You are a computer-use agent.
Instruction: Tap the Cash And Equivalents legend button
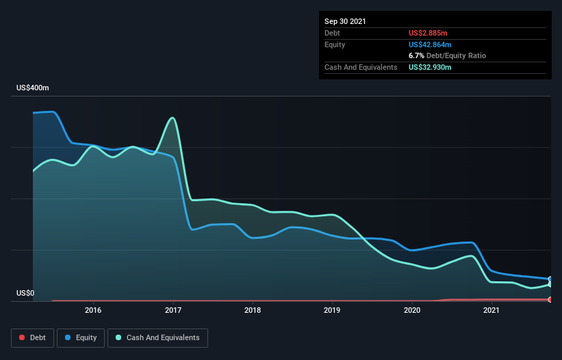(157, 337)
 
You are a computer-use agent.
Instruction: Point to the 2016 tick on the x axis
(93, 310)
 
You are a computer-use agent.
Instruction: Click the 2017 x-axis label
(173, 310)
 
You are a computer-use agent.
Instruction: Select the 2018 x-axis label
(253, 310)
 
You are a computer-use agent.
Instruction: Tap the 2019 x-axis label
(332, 310)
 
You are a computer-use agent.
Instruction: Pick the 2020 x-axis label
(412, 310)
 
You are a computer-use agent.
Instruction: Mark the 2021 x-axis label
(491, 310)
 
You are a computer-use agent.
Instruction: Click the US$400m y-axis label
(33, 88)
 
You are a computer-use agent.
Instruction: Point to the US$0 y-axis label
(25, 293)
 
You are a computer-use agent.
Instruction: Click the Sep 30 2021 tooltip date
(345, 21)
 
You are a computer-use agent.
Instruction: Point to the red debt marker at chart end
(550, 300)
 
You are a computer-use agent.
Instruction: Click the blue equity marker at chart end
(550, 279)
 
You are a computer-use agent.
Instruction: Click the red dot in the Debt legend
(22, 337)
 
